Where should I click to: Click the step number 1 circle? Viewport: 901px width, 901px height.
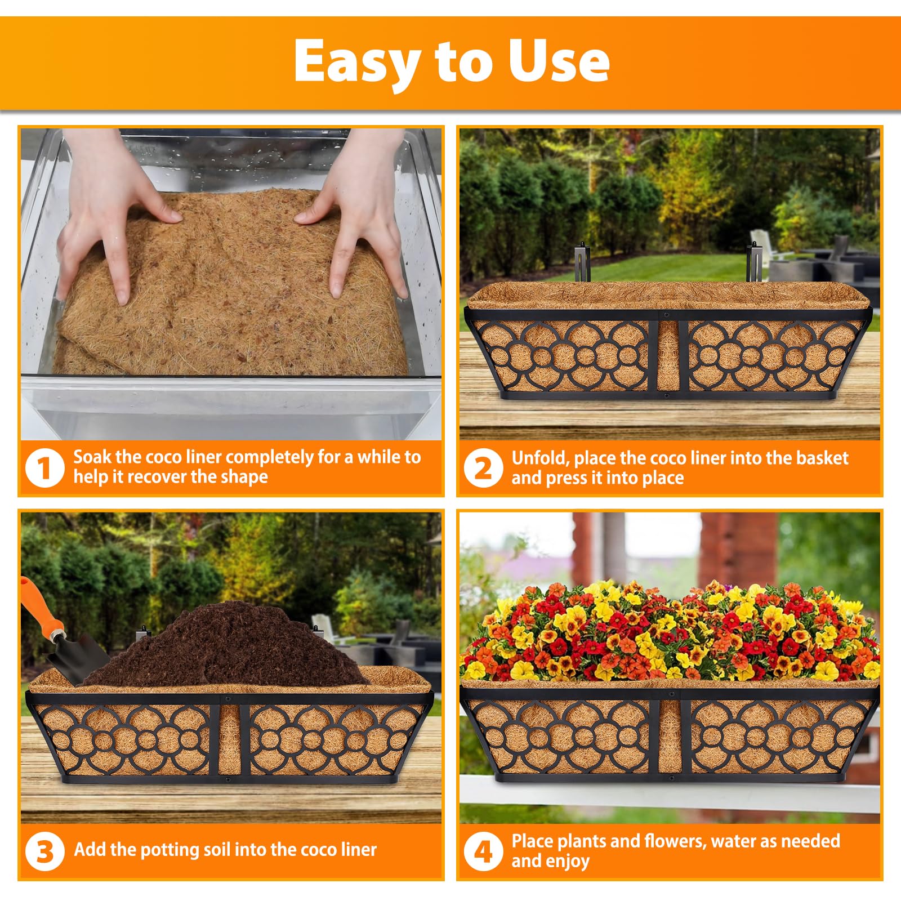point(44,467)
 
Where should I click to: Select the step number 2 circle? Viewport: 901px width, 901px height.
point(483,467)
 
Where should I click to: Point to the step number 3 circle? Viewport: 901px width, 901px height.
point(44,851)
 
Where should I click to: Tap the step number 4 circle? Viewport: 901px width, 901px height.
point(483,851)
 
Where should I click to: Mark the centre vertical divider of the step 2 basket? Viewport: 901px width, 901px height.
point(668,356)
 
